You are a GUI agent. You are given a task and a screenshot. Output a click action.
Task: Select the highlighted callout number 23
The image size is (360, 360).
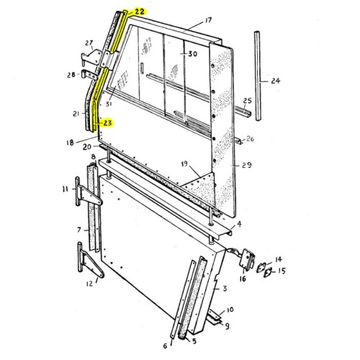click(x=107, y=123)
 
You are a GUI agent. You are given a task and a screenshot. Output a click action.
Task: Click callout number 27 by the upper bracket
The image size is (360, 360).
click(x=89, y=42)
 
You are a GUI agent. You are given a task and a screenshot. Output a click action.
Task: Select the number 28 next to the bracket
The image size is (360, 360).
click(x=71, y=75)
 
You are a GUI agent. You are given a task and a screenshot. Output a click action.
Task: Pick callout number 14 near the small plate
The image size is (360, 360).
click(x=278, y=258)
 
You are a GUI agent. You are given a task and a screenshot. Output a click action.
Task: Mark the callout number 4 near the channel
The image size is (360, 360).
click(x=238, y=225)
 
